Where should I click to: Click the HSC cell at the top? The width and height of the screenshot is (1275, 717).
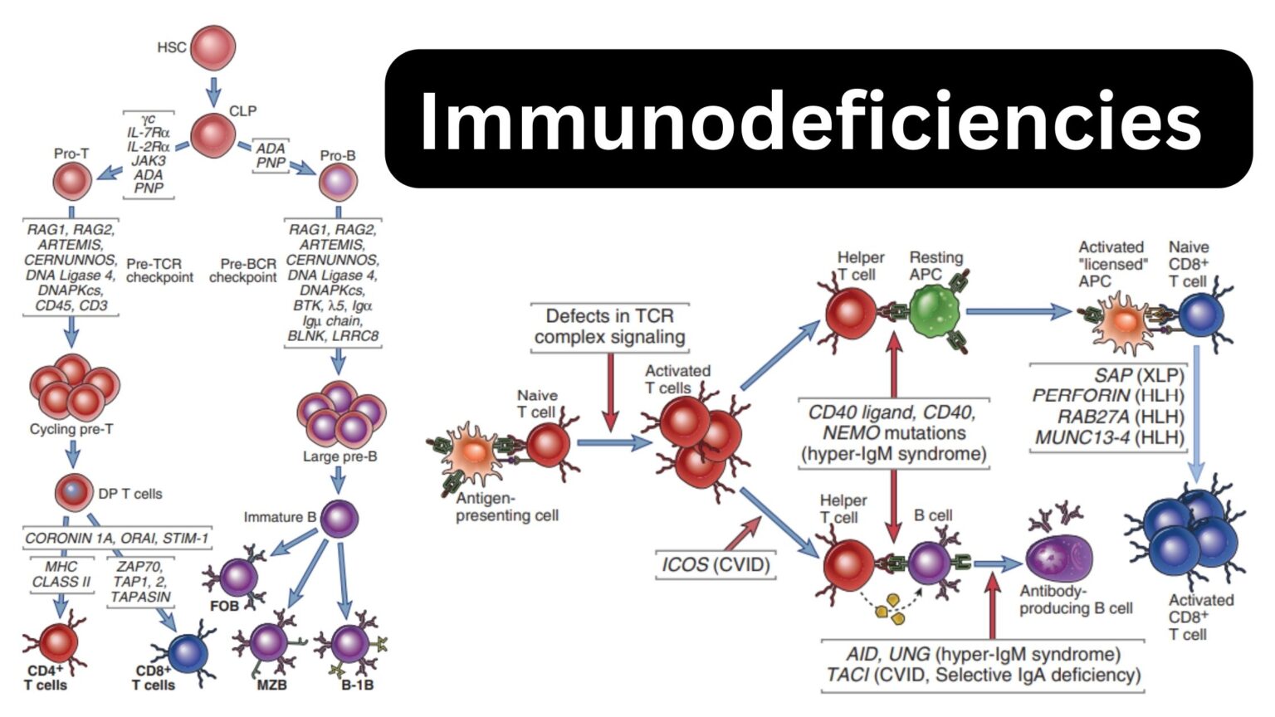pyautogui.click(x=212, y=47)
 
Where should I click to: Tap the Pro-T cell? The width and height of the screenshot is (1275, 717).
pyautogui.click(x=72, y=182)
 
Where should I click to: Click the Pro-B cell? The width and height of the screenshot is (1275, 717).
pyautogui.click(x=338, y=183)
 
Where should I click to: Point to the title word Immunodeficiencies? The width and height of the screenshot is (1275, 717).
pyautogui.click(x=810, y=121)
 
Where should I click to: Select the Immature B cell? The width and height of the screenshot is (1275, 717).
pyautogui.click(x=339, y=519)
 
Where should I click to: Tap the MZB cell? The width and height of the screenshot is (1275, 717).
pyautogui.click(x=268, y=641)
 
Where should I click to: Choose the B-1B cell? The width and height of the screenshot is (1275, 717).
pyautogui.click(x=351, y=643)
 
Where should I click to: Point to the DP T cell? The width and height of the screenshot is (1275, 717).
pyautogui.click(x=73, y=493)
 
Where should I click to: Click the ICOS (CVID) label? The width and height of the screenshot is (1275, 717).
pyautogui.click(x=715, y=565)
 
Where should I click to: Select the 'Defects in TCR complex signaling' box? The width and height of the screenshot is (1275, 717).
pyautogui.click(x=610, y=327)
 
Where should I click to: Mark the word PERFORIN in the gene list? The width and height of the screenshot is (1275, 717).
pyautogui.click(x=1081, y=396)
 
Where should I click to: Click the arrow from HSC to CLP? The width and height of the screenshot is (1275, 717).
pyautogui.click(x=213, y=89)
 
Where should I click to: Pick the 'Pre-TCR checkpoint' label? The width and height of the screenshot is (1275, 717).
pyautogui.click(x=159, y=271)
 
